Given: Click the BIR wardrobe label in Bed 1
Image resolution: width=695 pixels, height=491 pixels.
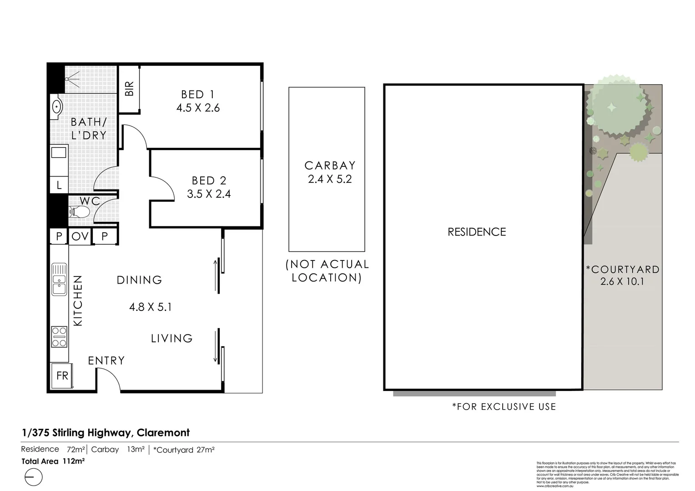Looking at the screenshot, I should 129,89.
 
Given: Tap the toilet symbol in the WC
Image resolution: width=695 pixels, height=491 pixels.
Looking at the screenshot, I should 78,211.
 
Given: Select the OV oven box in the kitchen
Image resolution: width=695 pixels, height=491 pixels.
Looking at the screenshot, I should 80,236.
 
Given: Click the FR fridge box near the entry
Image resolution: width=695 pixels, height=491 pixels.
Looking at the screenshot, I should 62,376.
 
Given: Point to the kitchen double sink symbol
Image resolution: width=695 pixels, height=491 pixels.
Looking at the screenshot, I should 59,279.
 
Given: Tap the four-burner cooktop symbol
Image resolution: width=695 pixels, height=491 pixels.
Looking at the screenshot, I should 59,337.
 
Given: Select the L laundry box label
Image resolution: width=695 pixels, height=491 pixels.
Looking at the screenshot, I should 59,185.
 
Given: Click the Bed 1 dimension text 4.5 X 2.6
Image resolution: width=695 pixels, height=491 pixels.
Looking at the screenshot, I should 198,108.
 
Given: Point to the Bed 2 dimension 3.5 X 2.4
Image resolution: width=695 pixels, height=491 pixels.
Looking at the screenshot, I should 209,194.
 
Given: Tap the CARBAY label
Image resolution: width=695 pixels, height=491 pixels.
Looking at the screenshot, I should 330,165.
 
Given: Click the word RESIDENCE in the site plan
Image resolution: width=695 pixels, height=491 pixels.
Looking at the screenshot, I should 477,232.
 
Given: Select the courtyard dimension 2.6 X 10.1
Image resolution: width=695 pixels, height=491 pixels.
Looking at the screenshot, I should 622,281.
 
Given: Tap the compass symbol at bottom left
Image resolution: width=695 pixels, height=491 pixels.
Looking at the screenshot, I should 33,477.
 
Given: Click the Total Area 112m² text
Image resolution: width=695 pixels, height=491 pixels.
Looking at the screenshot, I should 53,461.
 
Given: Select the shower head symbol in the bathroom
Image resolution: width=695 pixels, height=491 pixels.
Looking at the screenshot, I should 72,80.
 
